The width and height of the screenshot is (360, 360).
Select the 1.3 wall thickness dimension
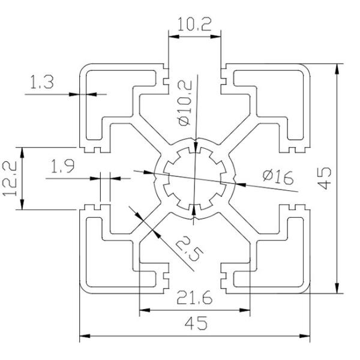[41, 83]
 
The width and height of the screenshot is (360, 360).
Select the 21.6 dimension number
[194, 298]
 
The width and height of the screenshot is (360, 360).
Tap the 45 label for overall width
[194, 324]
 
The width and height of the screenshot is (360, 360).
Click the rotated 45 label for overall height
[324, 178]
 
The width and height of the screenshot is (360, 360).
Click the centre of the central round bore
[194, 178]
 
